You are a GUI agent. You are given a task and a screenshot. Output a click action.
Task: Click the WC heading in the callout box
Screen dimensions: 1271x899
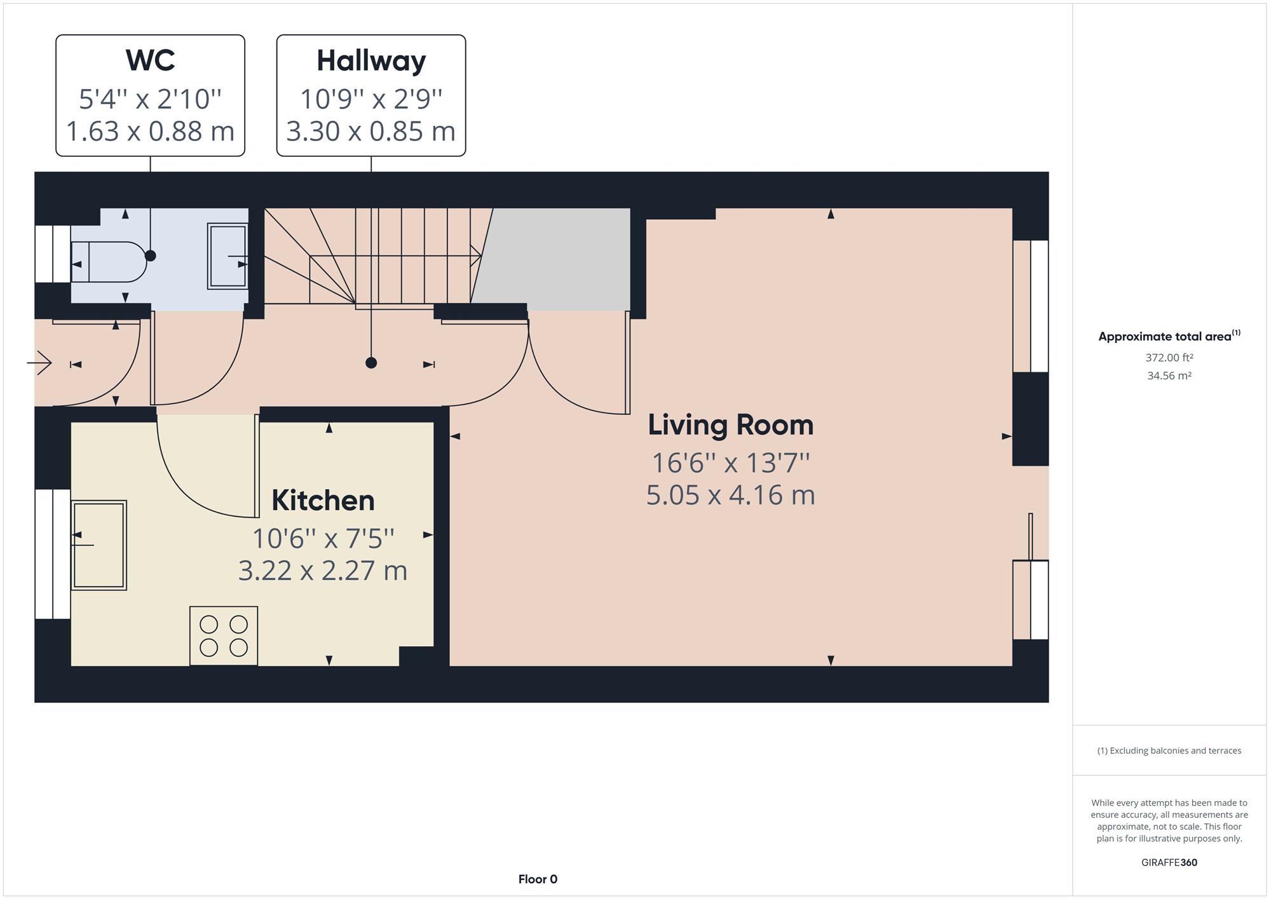tap(151, 60)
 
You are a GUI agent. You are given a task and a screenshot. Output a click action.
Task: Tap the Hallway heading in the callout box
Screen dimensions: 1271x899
tap(371, 61)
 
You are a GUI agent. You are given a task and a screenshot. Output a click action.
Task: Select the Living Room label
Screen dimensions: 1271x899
tap(730, 425)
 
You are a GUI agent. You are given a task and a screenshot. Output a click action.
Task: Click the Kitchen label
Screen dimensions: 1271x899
tap(323, 500)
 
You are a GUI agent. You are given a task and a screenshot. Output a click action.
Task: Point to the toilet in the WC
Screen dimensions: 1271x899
tap(109, 261)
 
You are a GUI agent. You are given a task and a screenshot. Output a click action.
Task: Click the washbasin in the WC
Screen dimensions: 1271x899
tap(228, 256)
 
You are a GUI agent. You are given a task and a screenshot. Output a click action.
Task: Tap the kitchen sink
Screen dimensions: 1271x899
tap(99, 545)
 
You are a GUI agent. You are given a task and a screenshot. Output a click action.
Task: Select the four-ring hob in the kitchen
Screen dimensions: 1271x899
tap(224, 636)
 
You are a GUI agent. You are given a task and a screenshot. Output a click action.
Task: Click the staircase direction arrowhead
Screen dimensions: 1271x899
tap(476, 256)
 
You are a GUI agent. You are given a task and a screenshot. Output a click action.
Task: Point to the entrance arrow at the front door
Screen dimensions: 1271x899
tap(39, 363)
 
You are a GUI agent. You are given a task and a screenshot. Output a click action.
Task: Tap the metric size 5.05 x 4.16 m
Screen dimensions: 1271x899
tap(730, 495)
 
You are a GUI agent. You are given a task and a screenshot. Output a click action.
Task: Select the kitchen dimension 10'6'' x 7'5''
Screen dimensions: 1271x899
tap(323, 539)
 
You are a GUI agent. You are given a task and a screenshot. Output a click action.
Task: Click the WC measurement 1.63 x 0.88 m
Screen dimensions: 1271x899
tap(151, 131)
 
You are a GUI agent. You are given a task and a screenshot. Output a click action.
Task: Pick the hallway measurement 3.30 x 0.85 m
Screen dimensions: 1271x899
tap(371, 131)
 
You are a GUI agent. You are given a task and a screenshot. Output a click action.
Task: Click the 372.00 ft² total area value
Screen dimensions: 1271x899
tap(1169, 358)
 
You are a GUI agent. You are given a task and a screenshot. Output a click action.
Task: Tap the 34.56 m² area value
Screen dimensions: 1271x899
tap(1169, 375)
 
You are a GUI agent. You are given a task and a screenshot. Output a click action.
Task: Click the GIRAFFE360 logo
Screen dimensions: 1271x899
tap(1169, 862)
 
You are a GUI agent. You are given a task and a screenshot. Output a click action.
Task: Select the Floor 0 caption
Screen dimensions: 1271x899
tap(538, 879)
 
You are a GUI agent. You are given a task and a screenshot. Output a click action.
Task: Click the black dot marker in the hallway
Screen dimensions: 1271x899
tap(371, 363)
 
